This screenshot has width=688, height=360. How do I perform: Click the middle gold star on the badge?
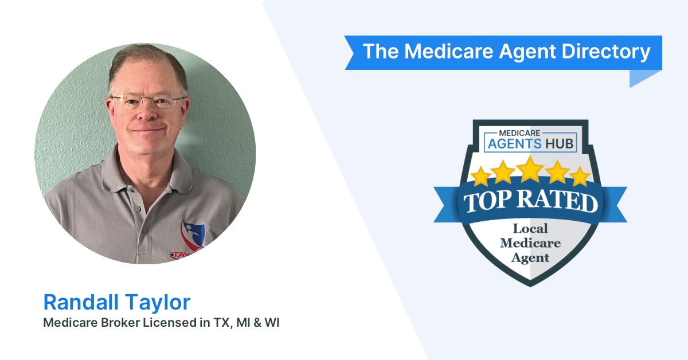click(x=530, y=168)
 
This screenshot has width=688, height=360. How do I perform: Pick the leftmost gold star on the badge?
click(x=481, y=175)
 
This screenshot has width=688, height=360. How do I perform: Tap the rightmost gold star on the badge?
click(x=580, y=175)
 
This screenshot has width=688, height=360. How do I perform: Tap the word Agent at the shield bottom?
click(x=531, y=257)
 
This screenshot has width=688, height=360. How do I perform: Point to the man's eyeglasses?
click(x=148, y=102)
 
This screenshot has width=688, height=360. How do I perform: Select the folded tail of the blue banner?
click(x=645, y=79)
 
